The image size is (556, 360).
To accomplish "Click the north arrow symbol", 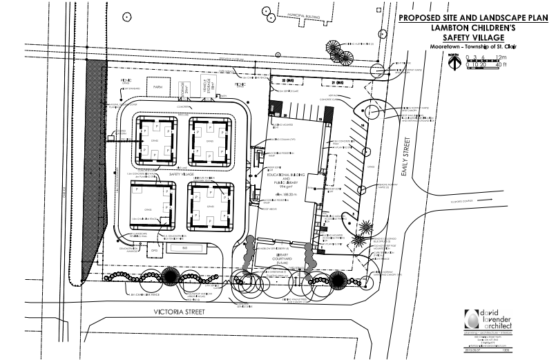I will click(452, 61).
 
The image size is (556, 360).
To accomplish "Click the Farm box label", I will click(157, 88).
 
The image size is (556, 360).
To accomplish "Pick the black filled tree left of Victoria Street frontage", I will click(169, 277).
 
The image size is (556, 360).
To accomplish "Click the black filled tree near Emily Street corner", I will click(337, 279).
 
